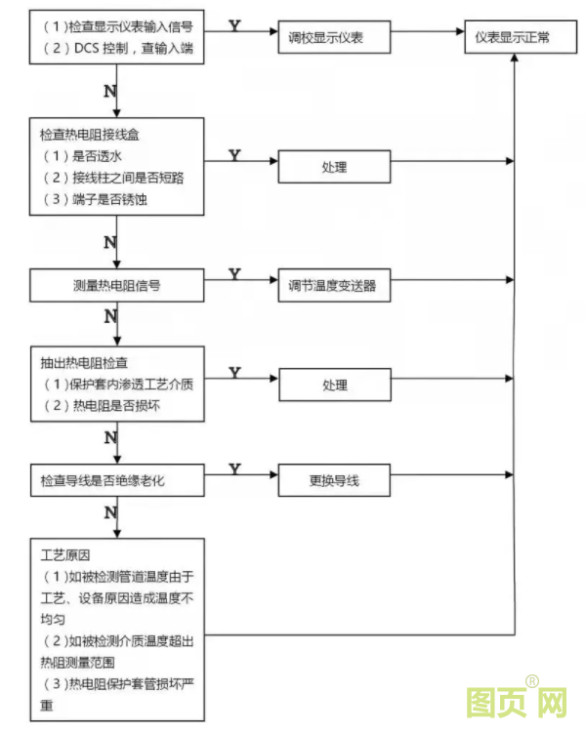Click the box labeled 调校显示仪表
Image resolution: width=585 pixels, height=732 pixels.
(335, 40)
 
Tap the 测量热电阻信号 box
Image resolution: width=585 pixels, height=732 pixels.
(116, 285)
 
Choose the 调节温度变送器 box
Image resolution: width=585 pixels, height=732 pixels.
(333, 286)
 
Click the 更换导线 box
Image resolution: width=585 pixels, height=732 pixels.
(334, 482)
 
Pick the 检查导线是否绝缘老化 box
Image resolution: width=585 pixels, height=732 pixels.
(116, 482)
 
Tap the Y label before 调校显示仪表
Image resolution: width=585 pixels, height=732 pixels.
(234, 23)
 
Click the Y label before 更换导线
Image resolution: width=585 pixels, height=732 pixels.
(234, 469)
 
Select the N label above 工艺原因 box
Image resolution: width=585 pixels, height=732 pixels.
(109, 511)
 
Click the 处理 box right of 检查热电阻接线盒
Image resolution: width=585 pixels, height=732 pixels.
(334, 167)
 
